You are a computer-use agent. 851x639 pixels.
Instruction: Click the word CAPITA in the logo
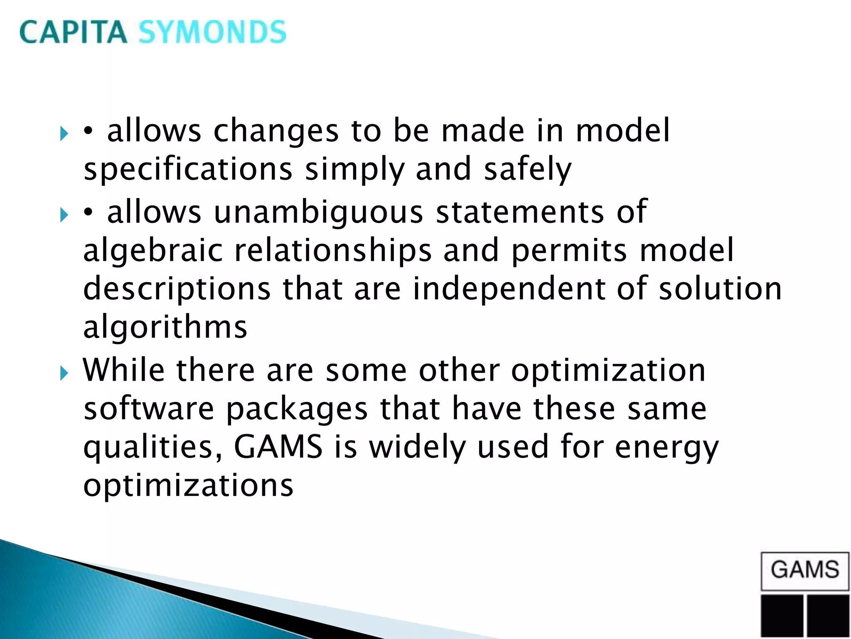click(x=73, y=32)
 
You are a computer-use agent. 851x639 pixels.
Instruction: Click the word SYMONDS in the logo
click(x=212, y=32)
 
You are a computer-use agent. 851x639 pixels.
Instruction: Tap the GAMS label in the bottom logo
click(x=805, y=570)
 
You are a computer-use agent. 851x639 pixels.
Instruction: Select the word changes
click(x=276, y=131)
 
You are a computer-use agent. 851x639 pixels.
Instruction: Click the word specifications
click(x=188, y=169)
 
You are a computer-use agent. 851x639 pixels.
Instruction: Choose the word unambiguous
click(x=318, y=212)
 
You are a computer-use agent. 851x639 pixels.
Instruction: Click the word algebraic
click(x=153, y=250)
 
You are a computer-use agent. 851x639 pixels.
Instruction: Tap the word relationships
click(x=333, y=250)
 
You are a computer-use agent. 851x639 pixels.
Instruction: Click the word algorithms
click(x=165, y=327)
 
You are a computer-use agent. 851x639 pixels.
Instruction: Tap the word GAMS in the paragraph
click(x=278, y=447)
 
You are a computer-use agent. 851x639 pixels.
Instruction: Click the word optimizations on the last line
click(x=188, y=485)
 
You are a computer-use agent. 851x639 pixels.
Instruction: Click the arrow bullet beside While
click(x=64, y=373)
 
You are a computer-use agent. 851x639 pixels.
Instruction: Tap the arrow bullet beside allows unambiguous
click(x=64, y=215)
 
